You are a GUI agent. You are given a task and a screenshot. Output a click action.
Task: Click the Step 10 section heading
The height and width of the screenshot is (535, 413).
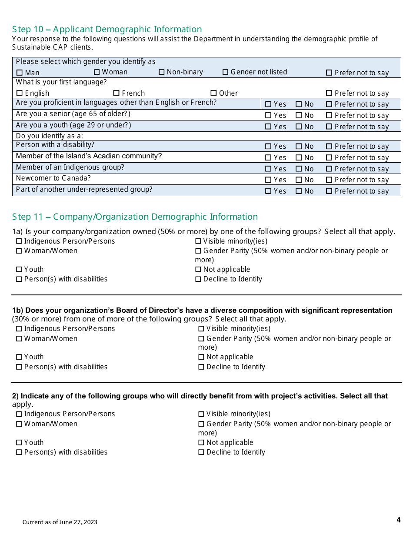point(107,29)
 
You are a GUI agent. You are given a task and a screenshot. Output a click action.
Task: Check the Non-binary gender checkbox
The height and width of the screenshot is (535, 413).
point(162,72)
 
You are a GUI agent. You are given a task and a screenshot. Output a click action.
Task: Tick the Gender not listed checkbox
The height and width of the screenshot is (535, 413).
point(225,72)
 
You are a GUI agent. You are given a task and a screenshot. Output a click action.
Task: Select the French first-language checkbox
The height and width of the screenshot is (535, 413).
point(116,93)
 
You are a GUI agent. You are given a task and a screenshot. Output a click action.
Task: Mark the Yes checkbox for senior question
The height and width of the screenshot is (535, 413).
point(268,116)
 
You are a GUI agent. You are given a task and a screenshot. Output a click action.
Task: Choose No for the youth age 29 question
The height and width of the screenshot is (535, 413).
point(299,127)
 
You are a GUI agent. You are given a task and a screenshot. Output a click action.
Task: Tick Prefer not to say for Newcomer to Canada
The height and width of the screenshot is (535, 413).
point(329,180)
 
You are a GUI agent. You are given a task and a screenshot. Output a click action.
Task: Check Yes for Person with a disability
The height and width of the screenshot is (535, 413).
point(268,147)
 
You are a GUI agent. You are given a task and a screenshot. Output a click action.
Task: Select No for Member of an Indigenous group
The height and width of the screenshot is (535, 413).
point(299,169)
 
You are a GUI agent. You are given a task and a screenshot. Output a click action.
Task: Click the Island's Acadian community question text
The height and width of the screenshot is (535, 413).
point(89,156)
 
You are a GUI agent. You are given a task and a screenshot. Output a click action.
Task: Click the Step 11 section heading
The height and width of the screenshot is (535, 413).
point(135,217)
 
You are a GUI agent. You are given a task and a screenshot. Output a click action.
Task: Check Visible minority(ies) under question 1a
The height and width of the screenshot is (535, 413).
point(198,241)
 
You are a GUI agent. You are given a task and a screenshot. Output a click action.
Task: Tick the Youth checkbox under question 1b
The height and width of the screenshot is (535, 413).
point(19,357)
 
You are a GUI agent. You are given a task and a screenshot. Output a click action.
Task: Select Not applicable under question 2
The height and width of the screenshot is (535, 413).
point(201,443)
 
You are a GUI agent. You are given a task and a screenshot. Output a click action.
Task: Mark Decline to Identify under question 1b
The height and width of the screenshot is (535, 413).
point(201,367)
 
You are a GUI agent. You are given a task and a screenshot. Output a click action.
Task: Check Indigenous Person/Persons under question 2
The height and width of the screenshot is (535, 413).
point(19,414)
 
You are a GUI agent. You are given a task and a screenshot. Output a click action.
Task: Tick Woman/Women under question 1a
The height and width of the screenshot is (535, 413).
point(19,251)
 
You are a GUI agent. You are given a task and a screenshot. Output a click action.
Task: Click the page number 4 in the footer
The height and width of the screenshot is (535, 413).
point(398,520)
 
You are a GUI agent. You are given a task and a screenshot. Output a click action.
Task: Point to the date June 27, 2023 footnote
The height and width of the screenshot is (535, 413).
point(60,522)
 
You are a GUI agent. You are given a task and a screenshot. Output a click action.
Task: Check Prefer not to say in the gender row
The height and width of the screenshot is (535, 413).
point(329,73)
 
